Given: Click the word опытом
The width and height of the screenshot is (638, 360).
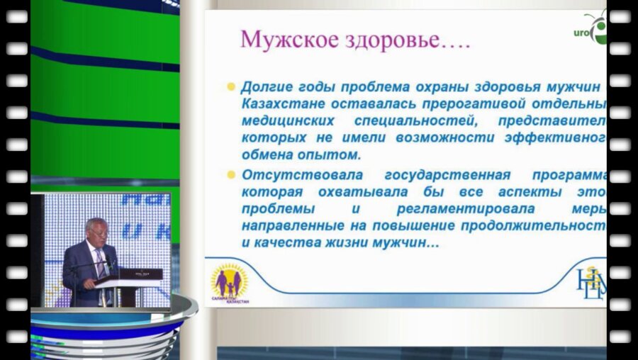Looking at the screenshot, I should coord(332,154).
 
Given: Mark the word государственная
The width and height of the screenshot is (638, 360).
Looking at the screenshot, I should coord(451,175).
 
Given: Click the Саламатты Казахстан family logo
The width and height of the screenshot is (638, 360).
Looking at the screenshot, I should coord(230,284).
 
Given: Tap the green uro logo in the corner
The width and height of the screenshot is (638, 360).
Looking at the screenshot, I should coord(592,30).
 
